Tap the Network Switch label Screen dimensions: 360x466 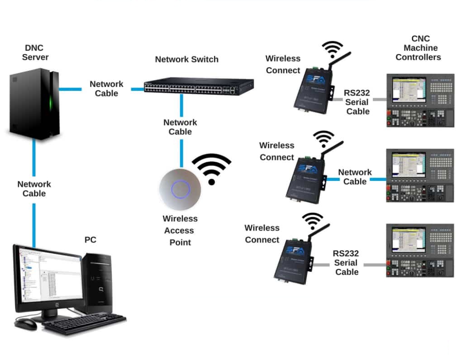(186, 59)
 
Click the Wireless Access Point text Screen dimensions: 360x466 (180, 230)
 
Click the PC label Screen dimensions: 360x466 (90, 240)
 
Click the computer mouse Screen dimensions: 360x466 (26, 323)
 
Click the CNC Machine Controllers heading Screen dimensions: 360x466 (418, 48)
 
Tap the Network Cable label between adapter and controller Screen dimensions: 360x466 (355, 177)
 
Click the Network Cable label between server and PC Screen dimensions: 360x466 (34, 189)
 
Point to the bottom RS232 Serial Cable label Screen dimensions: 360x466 (347, 263)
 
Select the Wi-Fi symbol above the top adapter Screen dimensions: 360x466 (332, 48)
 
